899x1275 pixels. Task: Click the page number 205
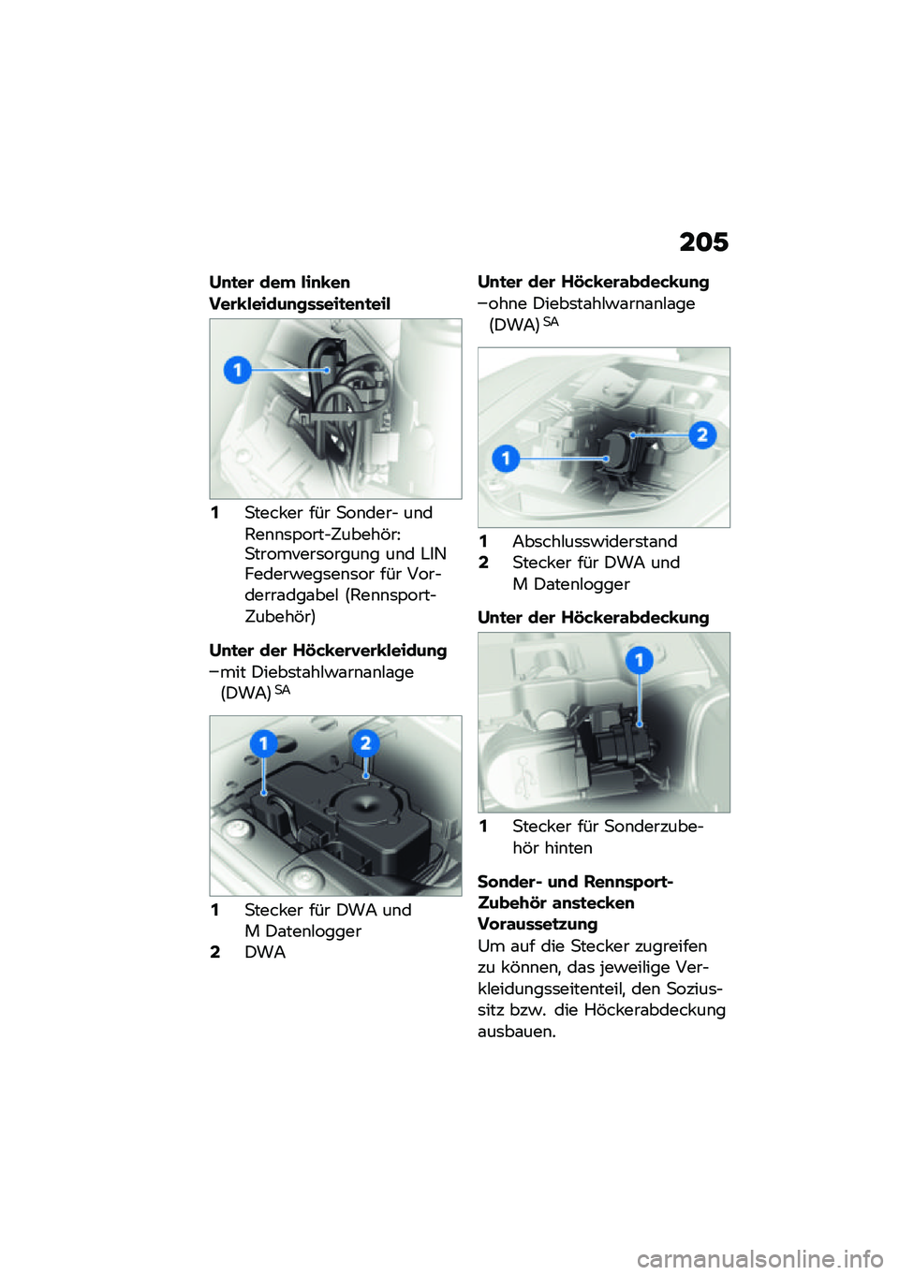pyautogui.click(x=703, y=242)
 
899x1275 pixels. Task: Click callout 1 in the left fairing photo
pyautogui.click(x=238, y=370)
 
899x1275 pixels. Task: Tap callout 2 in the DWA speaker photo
pyautogui.click(x=365, y=743)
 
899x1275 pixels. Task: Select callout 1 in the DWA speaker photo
pyautogui.click(x=263, y=744)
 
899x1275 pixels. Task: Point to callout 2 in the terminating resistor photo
pyautogui.click(x=701, y=434)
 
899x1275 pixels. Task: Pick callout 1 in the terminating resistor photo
pyautogui.click(x=506, y=458)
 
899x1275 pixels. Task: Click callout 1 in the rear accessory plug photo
pyautogui.click(x=640, y=661)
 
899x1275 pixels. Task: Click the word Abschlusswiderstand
pyautogui.click(x=595, y=542)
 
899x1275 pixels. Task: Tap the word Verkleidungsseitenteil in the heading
pyautogui.click(x=300, y=304)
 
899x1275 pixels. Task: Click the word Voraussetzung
pyautogui.click(x=538, y=924)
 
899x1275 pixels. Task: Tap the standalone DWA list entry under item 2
pyautogui.click(x=265, y=952)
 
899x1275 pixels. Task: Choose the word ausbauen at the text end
pyautogui.click(x=516, y=1032)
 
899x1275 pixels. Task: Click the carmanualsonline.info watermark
pyautogui.click(x=759, y=1259)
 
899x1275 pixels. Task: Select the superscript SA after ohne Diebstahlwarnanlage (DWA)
pyautogui.click(x=551, y=322)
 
